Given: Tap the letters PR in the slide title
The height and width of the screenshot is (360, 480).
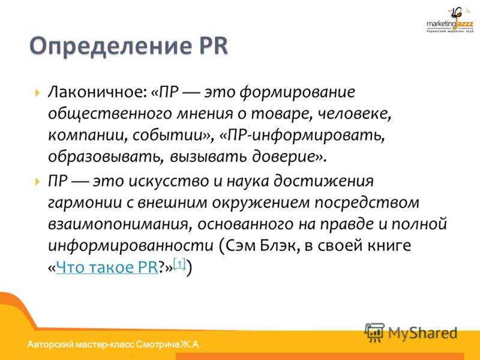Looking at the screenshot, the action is (214, 46).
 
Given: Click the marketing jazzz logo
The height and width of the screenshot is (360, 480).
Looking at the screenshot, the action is (449, 20).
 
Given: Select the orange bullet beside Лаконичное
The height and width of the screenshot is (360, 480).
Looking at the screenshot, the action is (37, 92).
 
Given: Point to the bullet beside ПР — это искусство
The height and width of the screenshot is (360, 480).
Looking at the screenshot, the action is (37, 182).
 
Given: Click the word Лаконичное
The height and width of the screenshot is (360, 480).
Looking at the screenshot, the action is (97, 92).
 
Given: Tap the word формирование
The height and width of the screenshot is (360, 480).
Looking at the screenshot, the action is (298, 92).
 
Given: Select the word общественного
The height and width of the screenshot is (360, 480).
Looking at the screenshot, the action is (110, 114).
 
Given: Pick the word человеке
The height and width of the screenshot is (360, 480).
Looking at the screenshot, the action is (355, 114).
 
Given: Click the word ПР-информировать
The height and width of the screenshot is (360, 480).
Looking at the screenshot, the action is (302, 136).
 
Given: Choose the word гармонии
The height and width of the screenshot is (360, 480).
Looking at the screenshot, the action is (85, 203).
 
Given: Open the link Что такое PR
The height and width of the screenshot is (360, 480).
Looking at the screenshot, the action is (107, 267).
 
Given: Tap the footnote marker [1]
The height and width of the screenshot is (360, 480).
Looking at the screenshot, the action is (179, 263).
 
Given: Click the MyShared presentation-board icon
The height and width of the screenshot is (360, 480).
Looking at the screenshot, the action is (374, 332).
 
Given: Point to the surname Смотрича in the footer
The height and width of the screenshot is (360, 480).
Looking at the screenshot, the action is (158, 344).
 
